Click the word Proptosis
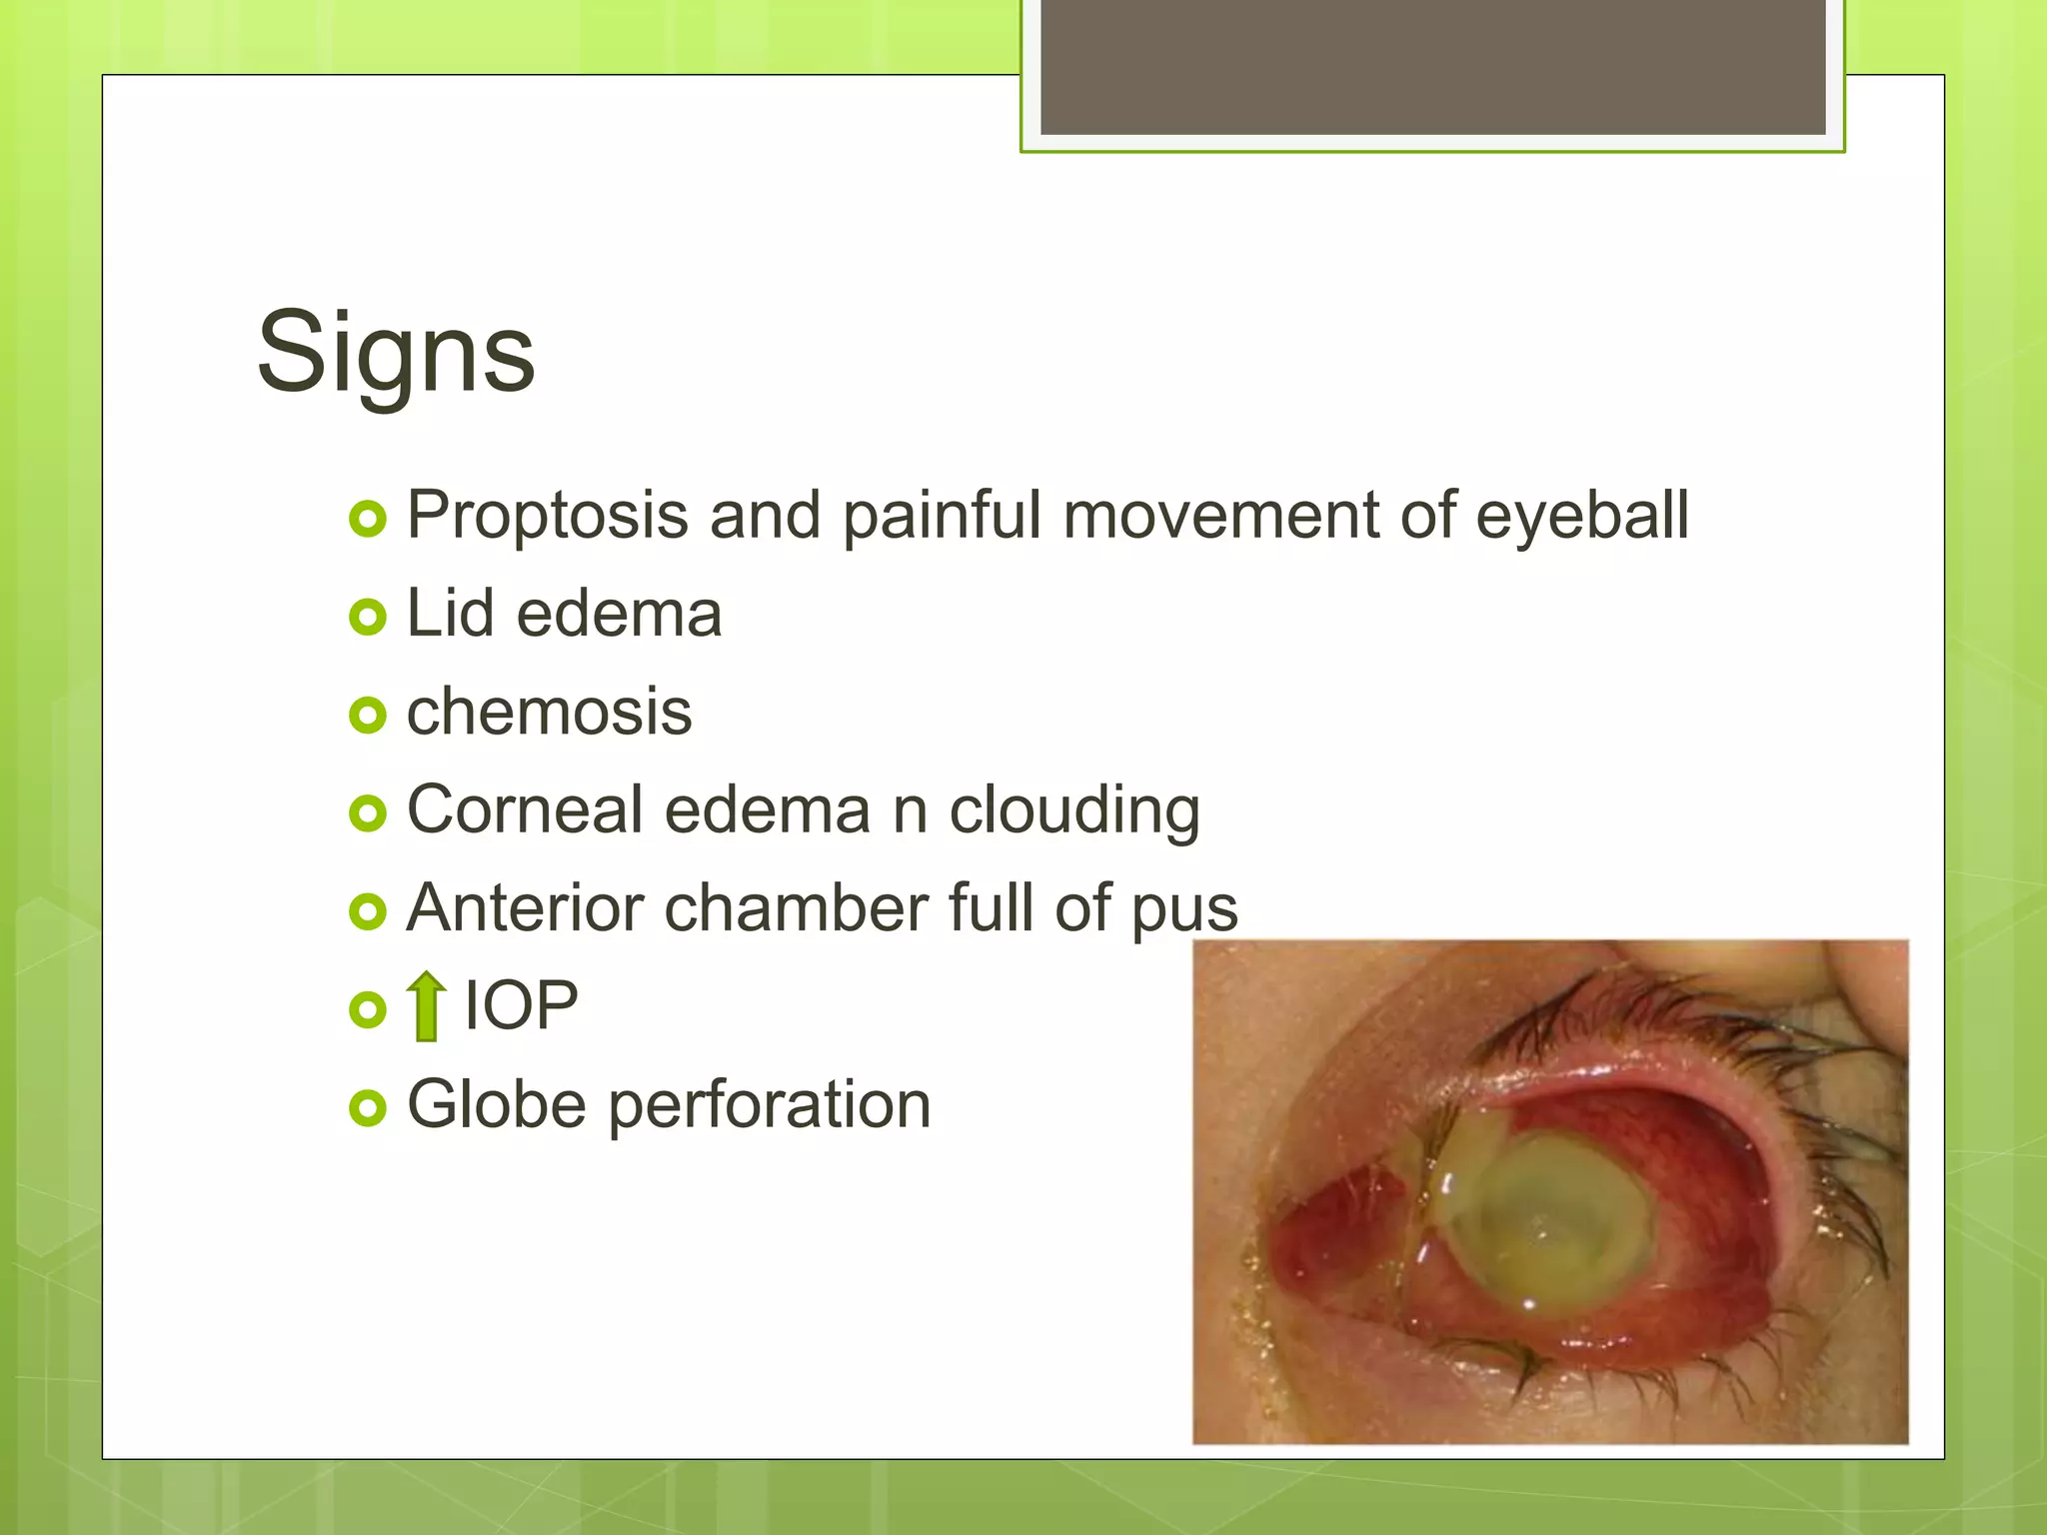[548, 517]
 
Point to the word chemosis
[549, 713]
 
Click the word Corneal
[524, 809]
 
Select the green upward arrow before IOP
[427, 1005]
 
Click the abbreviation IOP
[521, 1005]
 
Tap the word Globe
[496, 1104]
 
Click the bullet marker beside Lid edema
[368, 617]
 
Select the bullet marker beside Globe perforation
[368, 1107]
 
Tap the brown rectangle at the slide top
[1432, 66]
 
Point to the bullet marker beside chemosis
[368, 715]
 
